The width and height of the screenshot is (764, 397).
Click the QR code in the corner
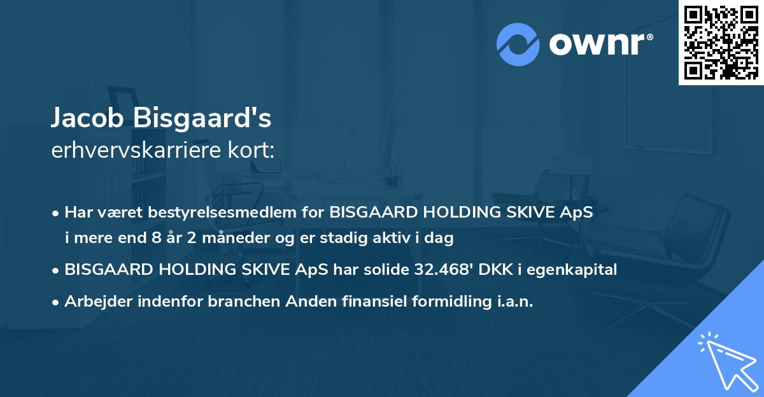tap(721, 42)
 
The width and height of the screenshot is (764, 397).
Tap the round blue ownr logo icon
tap(518, 45)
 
